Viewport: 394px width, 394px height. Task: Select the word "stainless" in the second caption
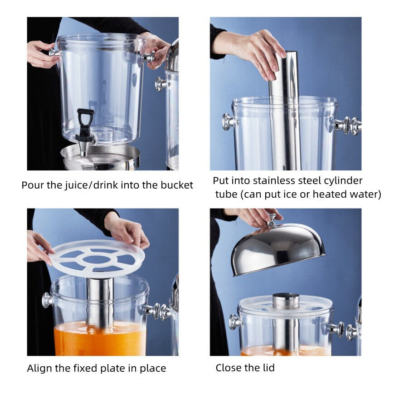tap(274, 180)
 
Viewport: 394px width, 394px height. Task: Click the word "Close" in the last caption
tap(231, 368)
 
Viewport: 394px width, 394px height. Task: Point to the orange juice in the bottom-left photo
tap(100, 340)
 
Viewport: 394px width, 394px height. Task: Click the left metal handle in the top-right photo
tap(228, 122)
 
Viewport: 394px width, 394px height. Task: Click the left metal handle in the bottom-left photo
tap(47, 300)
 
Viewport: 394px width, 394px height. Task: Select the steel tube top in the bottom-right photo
tap(286, 300)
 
